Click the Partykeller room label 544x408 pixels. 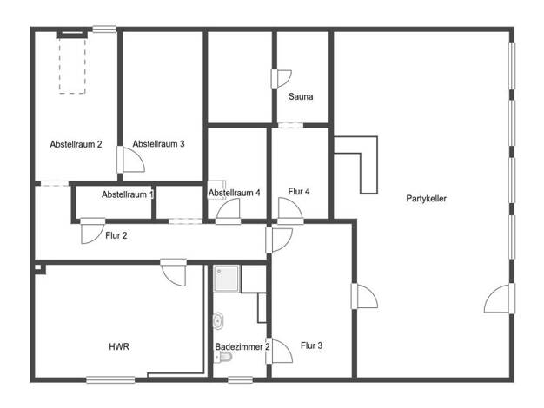pyautogui.click(x=426, y=199)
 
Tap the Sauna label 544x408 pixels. pyautogui.click(x=301, y=96)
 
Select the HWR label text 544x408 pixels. pyautogui.click(x=119, y=346)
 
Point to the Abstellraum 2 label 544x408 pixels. pyautogui.click(x=76, y=144)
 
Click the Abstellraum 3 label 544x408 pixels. pyautogui.click(x=158, y=144)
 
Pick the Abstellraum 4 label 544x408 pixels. pyautogui.click(x=234, y=193)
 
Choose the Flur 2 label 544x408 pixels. pyautogui.click(x=116, y=236)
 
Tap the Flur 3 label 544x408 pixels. pyautogui.click(x=312, y=345)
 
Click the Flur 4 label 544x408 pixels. pyautogui.click(x=299, y=191)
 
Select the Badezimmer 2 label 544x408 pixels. pyautogui.click(x=242, y=347)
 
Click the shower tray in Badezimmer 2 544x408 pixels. pyautogui.click(x=226, y=279)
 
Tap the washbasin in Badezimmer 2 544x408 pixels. pyautogui.click(x=218, y=321)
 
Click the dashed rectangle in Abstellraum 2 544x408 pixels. pyautogui.click(x=72, y=65)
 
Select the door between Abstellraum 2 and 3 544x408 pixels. pyautogui.click(x=130, y=160)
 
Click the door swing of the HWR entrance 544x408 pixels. pyautogui.click(x=174, y=273)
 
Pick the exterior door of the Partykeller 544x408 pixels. pyautogui.click(x=500, y=298)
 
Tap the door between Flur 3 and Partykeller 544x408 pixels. pyautogui.click(x=364, y=296)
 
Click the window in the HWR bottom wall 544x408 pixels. pyautogui.click(x=110, y=380)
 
